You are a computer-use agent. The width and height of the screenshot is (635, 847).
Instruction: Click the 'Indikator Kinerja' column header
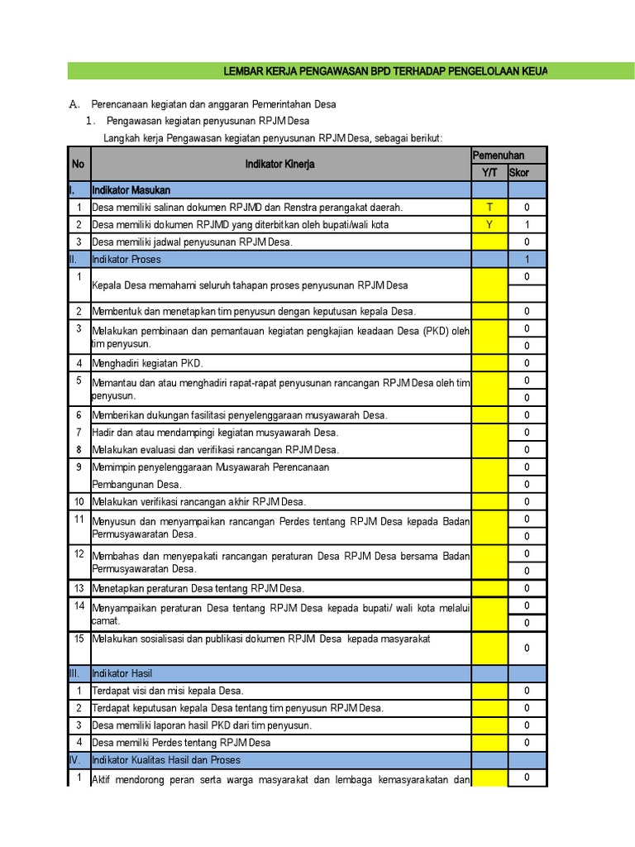(x=279, y=165)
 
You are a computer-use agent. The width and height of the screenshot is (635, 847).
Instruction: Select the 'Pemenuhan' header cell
(x=498, y=156)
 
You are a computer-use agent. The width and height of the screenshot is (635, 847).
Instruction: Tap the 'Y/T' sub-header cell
(x=489, y=173)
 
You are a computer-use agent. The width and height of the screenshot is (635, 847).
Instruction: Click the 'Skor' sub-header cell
(x=519, y=173)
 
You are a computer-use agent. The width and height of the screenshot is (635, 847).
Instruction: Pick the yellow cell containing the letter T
(x=489, y=208)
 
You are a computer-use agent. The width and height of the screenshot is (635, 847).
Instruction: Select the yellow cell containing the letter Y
(x=489, y=225)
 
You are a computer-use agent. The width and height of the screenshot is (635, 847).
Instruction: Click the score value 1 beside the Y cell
(x=527, y=225)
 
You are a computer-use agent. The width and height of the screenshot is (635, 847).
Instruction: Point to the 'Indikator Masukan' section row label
(x=131, y=190)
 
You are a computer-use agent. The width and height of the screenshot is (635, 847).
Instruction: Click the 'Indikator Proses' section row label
(x=127, y=260)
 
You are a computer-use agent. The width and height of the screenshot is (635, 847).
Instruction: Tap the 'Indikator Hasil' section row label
(x=122, y=673)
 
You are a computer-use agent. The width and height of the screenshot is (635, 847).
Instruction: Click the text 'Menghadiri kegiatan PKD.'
(x=147, y=363)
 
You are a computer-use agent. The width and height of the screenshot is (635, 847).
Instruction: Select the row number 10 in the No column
(x=79, y=502)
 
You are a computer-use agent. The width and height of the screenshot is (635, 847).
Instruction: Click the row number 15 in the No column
(x=79, y=639)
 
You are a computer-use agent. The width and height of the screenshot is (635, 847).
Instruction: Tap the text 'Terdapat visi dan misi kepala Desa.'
(x=168, y=691)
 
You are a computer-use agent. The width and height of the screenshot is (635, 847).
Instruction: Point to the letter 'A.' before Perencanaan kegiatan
(x=74, y=104)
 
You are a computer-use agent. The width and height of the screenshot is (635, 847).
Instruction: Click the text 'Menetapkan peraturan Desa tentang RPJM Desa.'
(x=198, y=588)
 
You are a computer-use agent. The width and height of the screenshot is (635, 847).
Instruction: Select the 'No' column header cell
(x=79, y=165)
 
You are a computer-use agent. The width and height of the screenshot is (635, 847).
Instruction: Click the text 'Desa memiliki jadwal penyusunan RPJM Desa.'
(x=193, y=242)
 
